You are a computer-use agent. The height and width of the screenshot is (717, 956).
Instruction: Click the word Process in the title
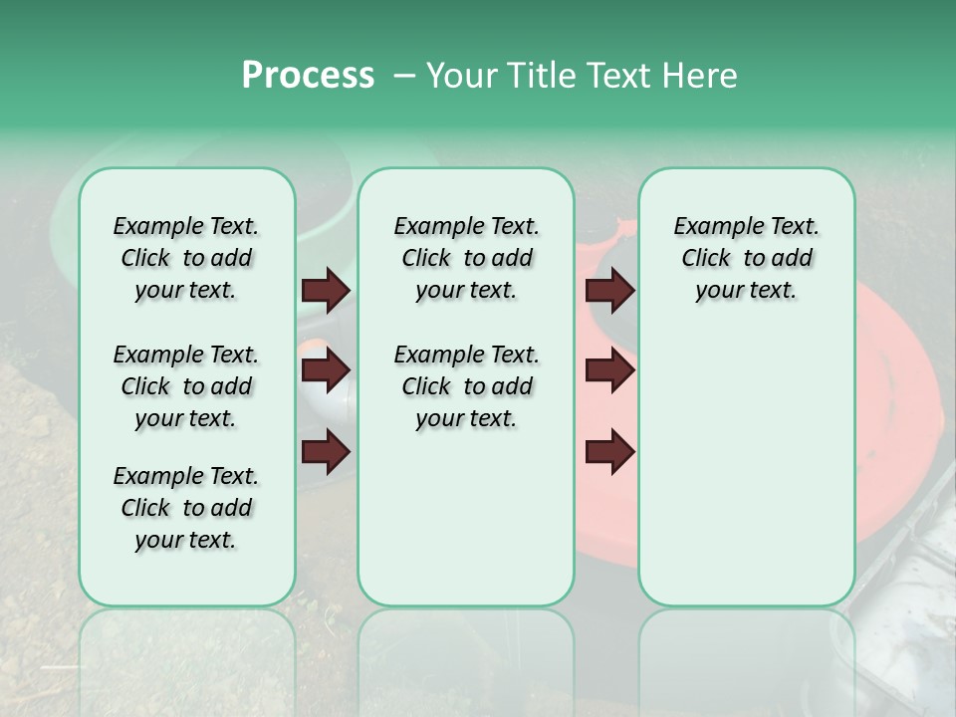[308, 76]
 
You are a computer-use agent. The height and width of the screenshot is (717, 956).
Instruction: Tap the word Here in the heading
[699, 76]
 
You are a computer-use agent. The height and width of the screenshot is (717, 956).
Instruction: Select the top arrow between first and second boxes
[326, 290]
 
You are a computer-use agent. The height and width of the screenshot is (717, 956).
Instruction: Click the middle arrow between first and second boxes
[326, 370]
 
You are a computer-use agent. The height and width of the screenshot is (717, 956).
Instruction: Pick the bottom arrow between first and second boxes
[326, 453]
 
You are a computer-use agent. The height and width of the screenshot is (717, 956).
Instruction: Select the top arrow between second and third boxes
[609, 290]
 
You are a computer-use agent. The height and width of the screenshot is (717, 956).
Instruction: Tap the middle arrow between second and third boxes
[609, 370]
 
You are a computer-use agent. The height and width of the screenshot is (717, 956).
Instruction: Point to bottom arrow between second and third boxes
[609, 453]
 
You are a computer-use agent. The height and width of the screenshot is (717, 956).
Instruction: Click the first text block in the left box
[186, 258]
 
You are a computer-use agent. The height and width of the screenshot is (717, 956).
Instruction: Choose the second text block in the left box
[186, 386]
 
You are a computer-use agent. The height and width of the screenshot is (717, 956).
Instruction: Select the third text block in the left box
[186, 508]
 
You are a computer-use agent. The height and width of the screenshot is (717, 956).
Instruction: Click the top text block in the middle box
[466, 258]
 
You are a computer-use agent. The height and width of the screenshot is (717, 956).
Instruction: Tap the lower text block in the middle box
[466, 386]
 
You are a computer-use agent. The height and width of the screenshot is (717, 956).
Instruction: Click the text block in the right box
[747, 258]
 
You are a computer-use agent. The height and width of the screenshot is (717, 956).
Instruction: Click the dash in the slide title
[405, 77]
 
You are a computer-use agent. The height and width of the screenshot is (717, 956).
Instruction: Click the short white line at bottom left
[61, 665]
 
